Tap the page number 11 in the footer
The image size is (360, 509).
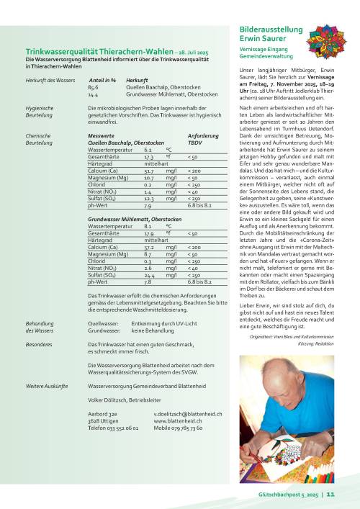click(x=331, y=495)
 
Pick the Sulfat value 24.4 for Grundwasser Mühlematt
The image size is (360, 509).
click(x=150, y=276)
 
